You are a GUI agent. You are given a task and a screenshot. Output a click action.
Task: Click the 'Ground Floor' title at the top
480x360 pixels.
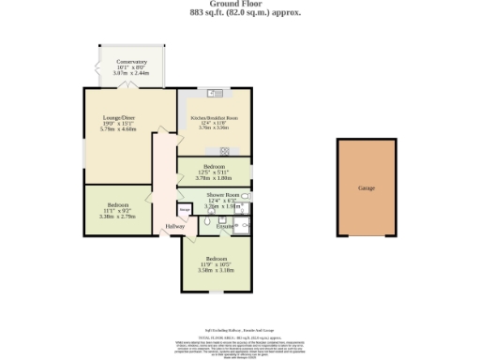click(239, 5)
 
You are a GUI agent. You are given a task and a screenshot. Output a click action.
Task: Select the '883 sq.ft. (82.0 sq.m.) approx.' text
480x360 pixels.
click(239, 14)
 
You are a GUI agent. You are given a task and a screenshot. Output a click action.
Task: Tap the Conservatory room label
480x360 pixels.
click(130, 62)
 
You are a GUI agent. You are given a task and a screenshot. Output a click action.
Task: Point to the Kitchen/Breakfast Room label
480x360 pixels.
click(215, 119)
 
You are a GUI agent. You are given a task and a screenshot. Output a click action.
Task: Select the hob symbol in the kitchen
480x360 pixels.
click(225, 150)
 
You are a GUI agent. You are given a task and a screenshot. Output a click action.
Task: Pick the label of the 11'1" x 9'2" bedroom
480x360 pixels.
click(117, 204)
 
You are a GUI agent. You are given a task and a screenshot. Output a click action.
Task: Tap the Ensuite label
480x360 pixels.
click(225, 227)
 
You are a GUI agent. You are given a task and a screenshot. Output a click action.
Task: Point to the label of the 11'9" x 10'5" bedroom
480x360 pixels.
click(216, 257)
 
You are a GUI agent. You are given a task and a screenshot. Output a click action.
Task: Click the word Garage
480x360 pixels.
click(366, 188)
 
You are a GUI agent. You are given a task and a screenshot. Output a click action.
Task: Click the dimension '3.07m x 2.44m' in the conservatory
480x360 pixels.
click(130, 73)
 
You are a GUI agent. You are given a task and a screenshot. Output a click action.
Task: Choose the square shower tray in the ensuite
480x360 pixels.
click(243, 223)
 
